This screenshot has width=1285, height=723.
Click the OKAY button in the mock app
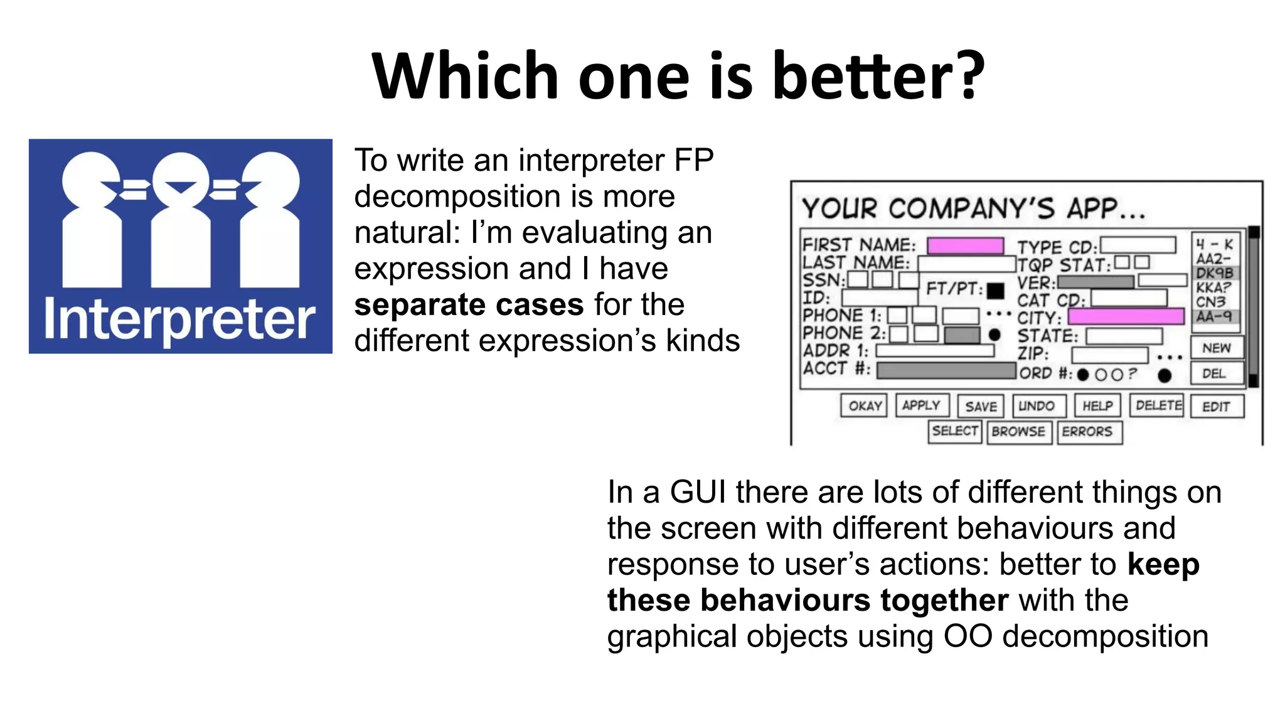click(x=864, y=406)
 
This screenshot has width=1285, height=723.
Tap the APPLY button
click(x=921, y=405)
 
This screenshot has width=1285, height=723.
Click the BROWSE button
click(x=1018, y=432)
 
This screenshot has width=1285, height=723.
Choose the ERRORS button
click(x=1087, y=432)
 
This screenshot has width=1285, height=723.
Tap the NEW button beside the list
click(x=1216, y=348)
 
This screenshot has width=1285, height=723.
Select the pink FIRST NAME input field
click(x=965, y=245)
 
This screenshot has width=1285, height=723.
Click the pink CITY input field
click(x=1126, y=316)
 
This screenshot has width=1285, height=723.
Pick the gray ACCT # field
click(x=946, y=370)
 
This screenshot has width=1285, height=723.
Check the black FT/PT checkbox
click(x=995, y=291)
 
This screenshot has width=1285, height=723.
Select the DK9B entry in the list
click(x=1215, y=273)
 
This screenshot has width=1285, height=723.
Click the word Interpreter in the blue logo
click(x=179, y=320)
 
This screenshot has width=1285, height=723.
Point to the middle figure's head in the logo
click(x=181, y=179)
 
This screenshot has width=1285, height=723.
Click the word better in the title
click(x=878, y=77)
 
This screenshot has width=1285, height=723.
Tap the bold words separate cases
click(x=469, y=305)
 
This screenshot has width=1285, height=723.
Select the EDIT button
click(x=1216, y=407)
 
